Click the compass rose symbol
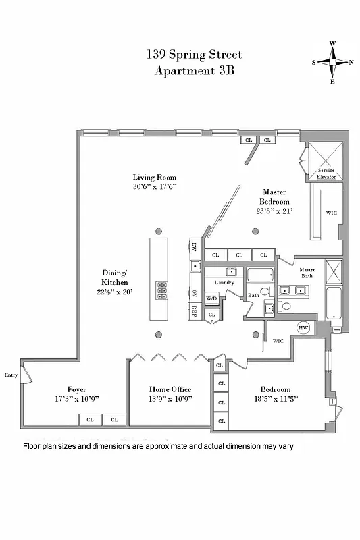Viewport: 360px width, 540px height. [x=332, y=62]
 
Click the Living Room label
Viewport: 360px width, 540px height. [x=155, y=178]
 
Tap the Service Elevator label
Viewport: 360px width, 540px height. [x=326, y=173]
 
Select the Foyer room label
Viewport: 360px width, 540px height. [x=76, y=389]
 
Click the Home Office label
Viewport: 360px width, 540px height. [x=170, y=389]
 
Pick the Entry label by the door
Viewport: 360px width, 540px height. [x=11, y=375]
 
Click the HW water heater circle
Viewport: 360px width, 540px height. [x=303, y=328]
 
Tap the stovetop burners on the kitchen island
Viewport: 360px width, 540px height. [x=162, y=290]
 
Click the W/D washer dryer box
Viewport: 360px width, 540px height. [x=211, y=298]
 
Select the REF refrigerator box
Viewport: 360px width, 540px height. [x=194, y=311]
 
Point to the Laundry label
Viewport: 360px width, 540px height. [x=224, y=282]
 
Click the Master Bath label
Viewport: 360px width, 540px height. [x=307, y=273]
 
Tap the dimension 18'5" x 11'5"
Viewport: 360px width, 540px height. [x=276, y=399]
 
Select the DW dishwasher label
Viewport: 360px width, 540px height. [x=194, y=246]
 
